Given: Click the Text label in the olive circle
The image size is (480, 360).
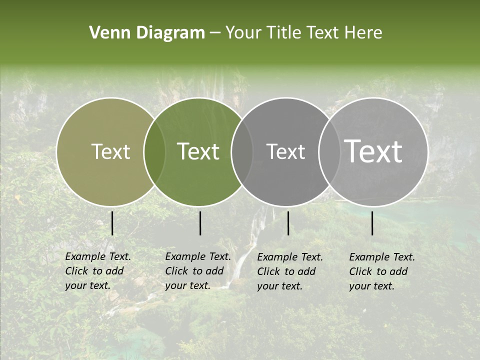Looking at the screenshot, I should (x=110, y=151).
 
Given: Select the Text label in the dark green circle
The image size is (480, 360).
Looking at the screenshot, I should (x=198, y=151).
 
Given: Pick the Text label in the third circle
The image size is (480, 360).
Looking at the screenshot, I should (x=285, y=151).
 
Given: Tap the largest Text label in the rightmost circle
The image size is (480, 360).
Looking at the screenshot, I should (x=373, y=151).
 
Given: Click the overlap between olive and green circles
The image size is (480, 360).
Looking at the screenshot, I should (x=154, y=152).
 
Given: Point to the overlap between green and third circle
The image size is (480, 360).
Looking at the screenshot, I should (x=242, y=152).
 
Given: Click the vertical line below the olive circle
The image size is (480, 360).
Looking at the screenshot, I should (x=112, y=223).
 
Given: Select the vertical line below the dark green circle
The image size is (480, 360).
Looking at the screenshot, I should (x=200, y=223).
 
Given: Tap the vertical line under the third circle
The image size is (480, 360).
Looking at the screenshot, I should (x=288, y=223).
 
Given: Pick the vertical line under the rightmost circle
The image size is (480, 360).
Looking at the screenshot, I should (x=372, y=223).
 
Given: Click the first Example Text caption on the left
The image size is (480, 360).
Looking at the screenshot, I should (x=98, y=271).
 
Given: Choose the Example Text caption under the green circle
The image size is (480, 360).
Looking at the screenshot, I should (x=198, y=271).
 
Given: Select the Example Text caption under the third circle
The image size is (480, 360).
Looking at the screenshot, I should (x=290, y=271).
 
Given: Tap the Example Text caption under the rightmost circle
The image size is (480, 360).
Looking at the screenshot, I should (x=382, y=271).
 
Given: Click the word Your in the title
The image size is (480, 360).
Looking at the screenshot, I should (x=243, y=33).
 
